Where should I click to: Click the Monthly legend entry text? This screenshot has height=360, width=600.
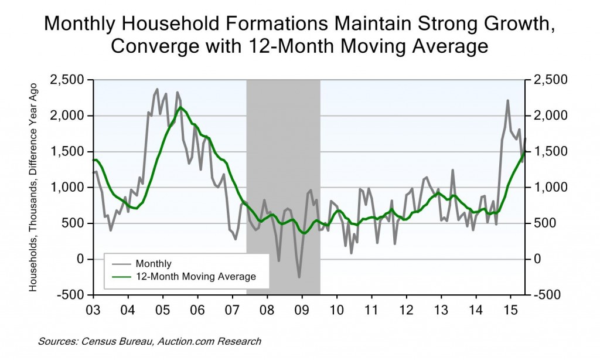click(154, 263)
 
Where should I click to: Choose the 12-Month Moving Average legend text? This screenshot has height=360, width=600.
click(195, 276)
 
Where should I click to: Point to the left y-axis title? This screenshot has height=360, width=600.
click(35, 187)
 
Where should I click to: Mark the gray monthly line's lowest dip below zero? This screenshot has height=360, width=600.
click(299, 277)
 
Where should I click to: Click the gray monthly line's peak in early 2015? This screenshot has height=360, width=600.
click(507, 100)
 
